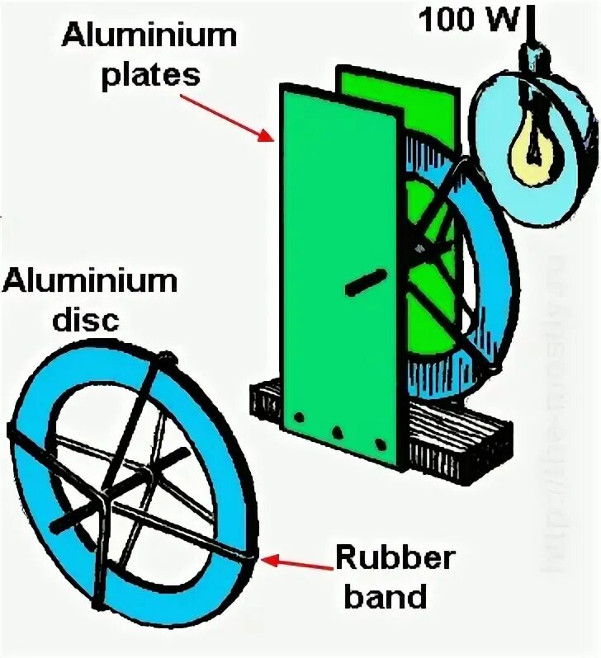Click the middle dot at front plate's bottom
[337, 430]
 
